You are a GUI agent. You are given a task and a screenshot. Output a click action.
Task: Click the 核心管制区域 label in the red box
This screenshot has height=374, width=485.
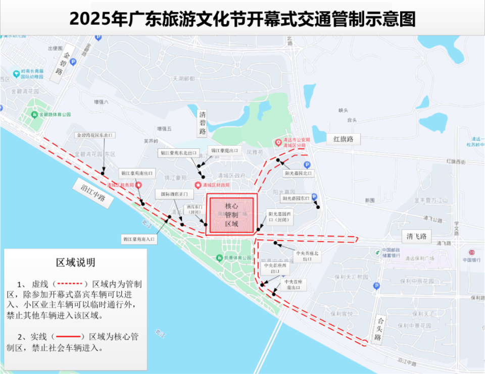[x=231, y=215]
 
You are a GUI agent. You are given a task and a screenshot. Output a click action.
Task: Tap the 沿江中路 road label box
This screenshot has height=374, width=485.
[x=92, y=191]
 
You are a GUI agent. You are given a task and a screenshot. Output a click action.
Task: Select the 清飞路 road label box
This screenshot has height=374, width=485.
[x=417, y=236]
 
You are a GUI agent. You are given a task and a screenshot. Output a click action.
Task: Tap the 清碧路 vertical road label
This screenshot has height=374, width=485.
[x=202, y=123]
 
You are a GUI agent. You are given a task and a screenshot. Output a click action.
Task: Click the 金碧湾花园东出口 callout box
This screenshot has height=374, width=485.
[x=96, y=135]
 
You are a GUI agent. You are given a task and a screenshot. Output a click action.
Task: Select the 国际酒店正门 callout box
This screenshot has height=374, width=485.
[x=174, y=193]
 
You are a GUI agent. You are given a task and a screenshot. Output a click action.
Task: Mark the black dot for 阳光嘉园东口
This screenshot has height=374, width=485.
[x=318, y=207]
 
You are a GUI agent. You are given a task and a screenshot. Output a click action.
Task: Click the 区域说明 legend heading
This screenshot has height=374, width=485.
[x=75, y=262]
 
